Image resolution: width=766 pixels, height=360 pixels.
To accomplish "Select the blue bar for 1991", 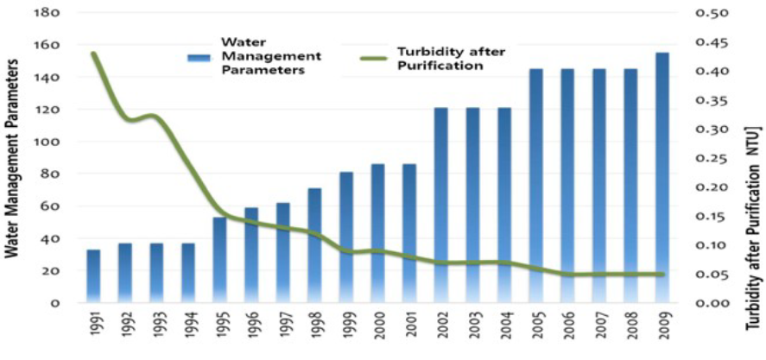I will tap(93, 275).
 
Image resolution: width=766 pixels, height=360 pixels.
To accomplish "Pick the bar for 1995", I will tap(219, 259).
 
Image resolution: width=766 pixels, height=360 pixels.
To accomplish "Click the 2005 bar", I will tap(535, 186).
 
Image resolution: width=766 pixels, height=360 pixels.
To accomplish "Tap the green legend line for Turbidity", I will tap(377, 58).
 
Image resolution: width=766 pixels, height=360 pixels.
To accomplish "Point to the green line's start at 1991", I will tap(93, 54).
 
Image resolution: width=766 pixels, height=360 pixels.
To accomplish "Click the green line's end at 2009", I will tap(662, 275).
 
